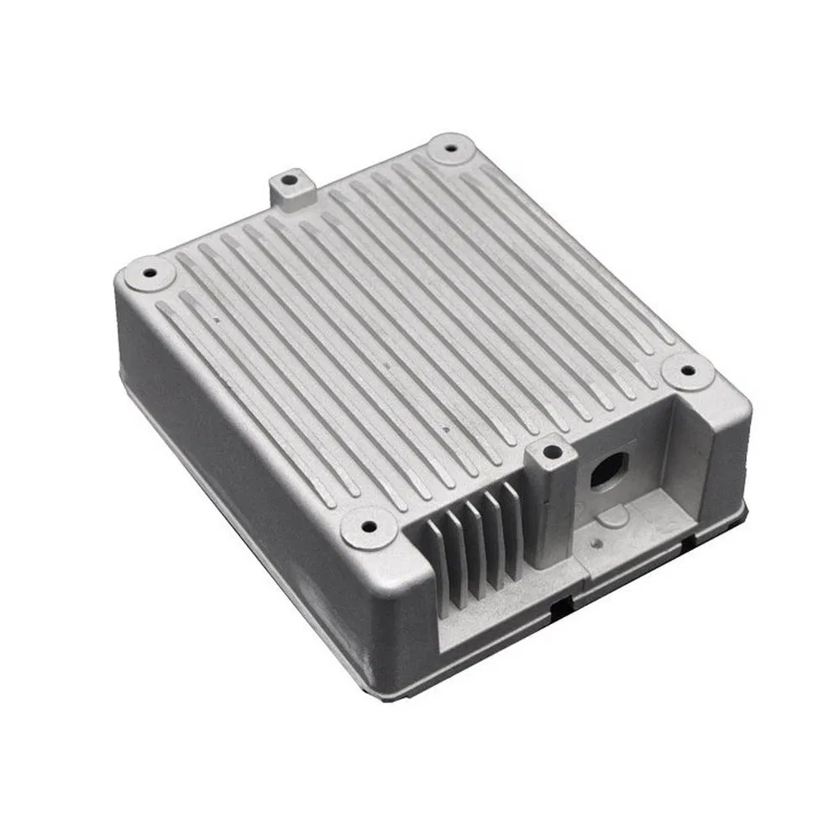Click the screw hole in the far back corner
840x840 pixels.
[453, 150]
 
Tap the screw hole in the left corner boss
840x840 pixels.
[150, 273]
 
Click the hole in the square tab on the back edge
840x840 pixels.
[288, 180]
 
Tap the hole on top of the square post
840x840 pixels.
[550, 453]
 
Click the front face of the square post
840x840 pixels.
[546, 512]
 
